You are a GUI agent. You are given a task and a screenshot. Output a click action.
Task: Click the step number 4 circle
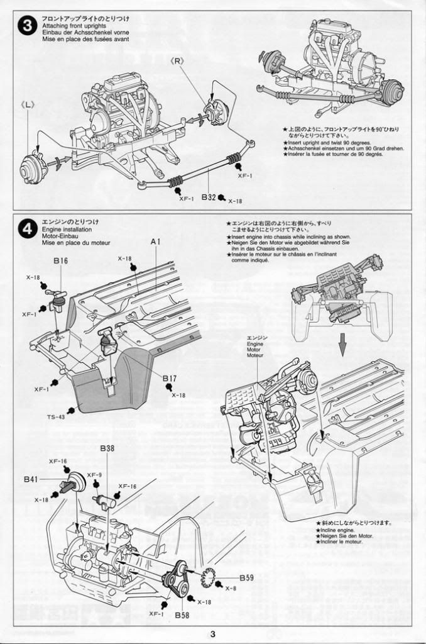click(27, 231)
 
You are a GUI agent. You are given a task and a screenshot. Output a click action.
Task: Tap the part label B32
click(209, 197)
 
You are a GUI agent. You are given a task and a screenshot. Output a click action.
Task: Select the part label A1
click(156, 242)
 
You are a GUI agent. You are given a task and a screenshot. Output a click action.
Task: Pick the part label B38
click(107, 449)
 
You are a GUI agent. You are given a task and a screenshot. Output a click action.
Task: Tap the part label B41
click(31, 479)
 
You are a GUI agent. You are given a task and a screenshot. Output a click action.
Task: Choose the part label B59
click(246, 577)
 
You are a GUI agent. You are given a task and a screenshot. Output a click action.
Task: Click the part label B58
click(183, 614)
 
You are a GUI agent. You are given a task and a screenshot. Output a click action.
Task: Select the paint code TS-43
click(55, 417)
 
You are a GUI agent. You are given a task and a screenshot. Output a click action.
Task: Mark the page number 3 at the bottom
click(213, 634)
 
